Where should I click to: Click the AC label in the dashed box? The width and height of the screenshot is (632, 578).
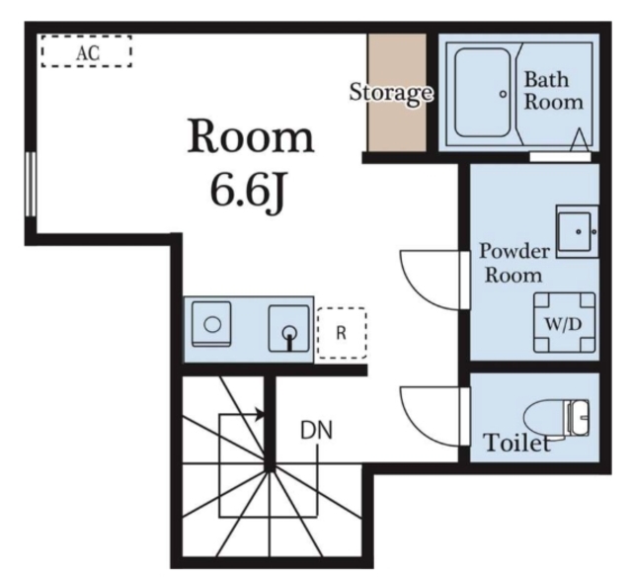tap(88, 52)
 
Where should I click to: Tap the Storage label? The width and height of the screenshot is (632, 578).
tap(391, 93)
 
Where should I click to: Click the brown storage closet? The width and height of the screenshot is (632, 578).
tap(397, 93)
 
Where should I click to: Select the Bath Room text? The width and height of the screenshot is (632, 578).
tap(553, 91)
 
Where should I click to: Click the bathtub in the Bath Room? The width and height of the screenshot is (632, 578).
tap(483, 93)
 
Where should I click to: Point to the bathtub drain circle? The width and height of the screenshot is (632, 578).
tap(503, 95)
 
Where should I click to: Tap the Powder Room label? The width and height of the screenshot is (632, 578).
tap(513, 264)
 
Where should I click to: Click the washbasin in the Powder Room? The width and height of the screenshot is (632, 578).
tap(577, 231)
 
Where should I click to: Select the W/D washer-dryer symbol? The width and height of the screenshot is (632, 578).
tap(564, 323)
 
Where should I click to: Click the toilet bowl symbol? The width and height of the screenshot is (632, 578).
tap(556, 418)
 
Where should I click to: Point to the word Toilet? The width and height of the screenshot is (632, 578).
tap(517, 443)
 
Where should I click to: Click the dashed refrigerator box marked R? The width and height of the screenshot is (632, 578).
tap(342, 333)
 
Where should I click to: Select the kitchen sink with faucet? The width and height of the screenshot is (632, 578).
tap(289, 328)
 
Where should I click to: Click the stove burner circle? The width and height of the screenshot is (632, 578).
tap(212, 325)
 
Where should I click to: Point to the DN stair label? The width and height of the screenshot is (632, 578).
tap(317, 431)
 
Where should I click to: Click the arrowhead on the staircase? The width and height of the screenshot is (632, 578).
tap(260, 414)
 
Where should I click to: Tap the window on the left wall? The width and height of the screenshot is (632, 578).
tap(31, 184)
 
